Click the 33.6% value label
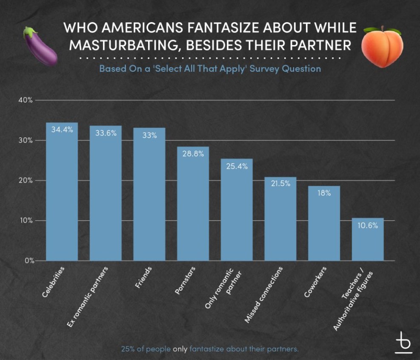coord(106,133)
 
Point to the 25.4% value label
coord(237,166)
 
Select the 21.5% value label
coord(280,184)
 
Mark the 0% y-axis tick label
coord(28,261)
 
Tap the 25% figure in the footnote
coord(127,349)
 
